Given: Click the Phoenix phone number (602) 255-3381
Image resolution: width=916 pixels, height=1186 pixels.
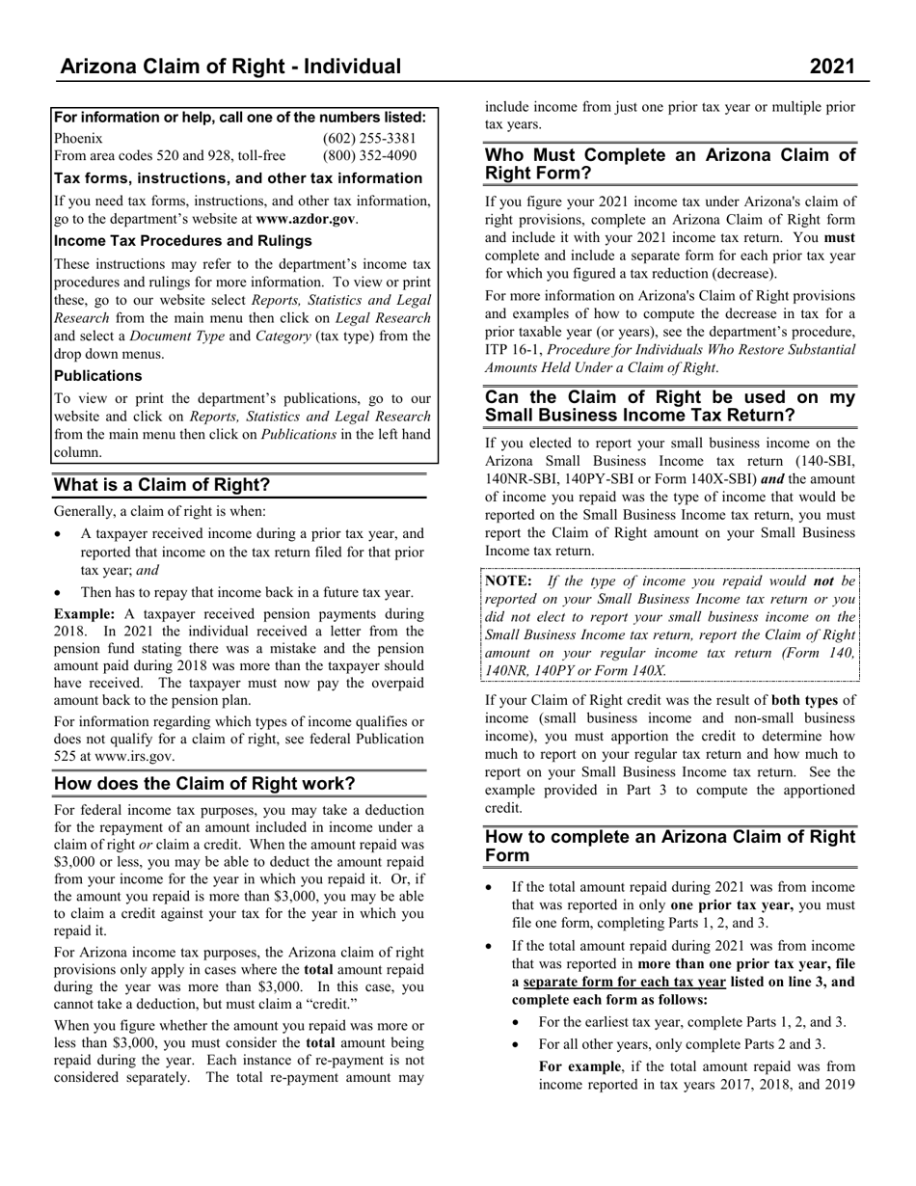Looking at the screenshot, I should [369, 138].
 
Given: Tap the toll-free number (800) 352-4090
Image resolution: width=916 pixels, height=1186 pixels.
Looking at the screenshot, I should [369, 155].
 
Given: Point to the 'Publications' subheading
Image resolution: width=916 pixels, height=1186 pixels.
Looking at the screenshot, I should [97, 376].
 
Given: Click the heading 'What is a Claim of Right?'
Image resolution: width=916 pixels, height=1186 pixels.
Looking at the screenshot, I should [162, 484].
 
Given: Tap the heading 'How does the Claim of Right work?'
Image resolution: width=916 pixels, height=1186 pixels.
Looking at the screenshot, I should [204, 783].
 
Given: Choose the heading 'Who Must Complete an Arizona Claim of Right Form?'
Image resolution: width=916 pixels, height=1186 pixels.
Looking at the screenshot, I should [669, 164].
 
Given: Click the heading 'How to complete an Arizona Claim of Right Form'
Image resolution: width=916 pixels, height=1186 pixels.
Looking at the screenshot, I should [669, 845].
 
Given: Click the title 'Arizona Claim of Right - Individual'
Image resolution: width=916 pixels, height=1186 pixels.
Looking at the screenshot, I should [229, 66].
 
